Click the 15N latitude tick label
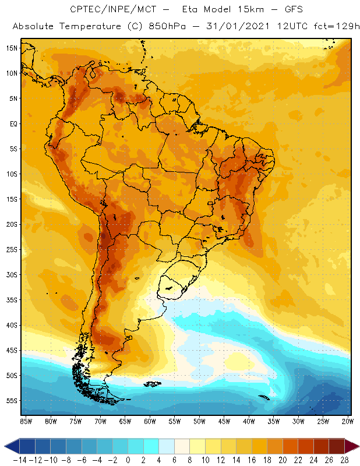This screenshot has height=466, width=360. (11, 48)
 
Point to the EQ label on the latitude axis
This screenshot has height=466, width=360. (12, 123)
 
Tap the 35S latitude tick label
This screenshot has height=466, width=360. (11, 300)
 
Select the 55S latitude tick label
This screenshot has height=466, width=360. (11, 401)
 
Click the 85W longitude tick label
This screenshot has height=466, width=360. (26, 421)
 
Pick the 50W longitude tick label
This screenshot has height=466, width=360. (200, 421)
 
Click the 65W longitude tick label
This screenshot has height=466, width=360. (125, 421)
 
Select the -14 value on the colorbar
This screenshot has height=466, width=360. (19, 460)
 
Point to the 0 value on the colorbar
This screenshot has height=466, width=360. (128, 460)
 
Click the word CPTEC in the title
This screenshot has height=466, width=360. (83, 10)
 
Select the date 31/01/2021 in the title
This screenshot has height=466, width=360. (232, 27)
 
